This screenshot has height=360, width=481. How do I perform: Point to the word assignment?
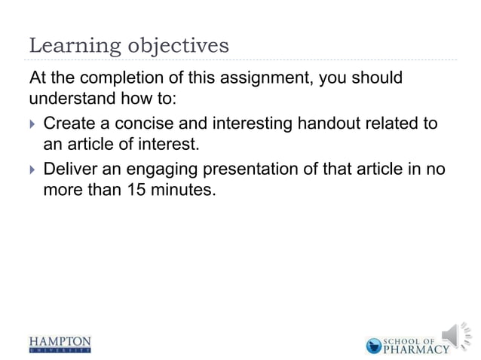point(259,79)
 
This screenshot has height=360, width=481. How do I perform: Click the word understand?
point(69,100)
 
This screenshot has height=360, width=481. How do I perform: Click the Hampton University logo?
point(60,343)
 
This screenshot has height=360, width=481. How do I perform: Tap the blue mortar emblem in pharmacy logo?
point(374,346)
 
